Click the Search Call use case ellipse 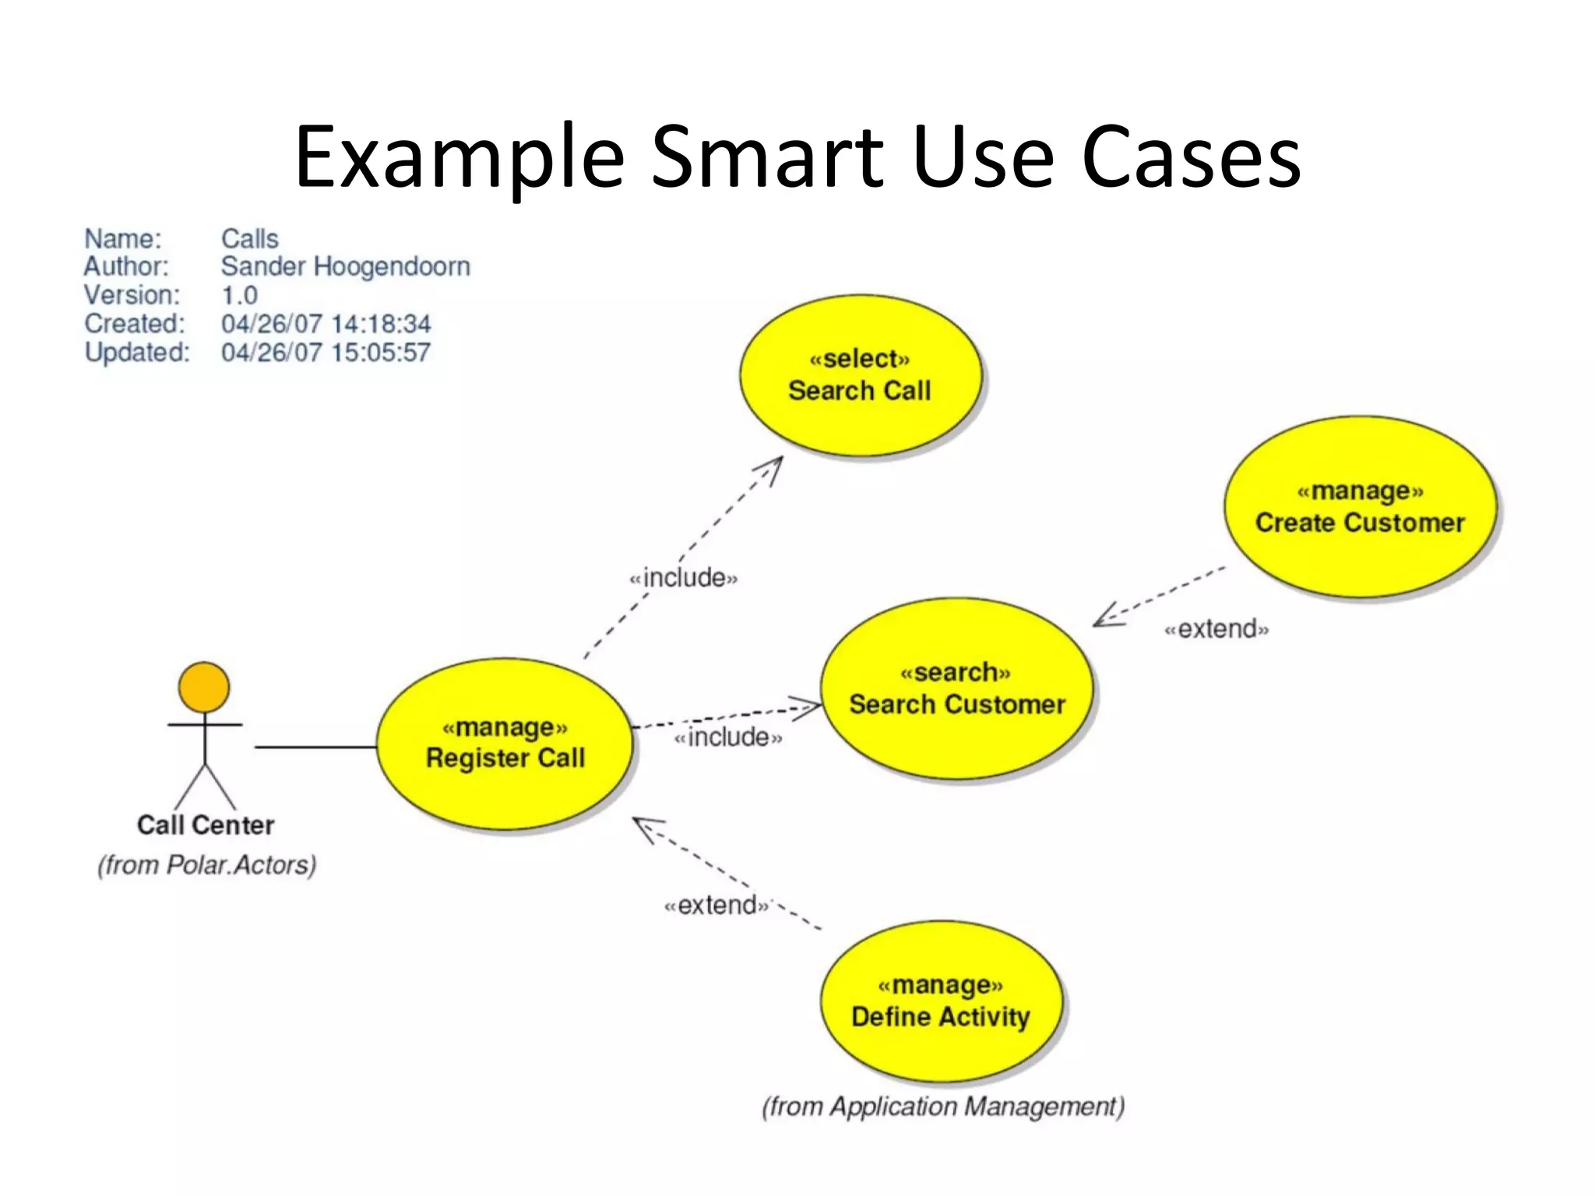[x=860, y=375]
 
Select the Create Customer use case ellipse [x=1360, y=507]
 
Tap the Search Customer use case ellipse [x=956, y=688]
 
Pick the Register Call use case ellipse [x=505, y=743]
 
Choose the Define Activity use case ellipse [x=941, y=1001]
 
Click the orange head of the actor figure [x=204, y=688]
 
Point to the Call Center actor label [x=206, y=825]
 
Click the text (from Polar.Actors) [x=207, y=865]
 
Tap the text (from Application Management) [x=943, y=1106]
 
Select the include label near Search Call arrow [x=683, y=578]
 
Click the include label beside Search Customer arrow [x=727, y=737]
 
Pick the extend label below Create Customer [x=1216, y=628]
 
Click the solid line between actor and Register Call [x=315, y=747]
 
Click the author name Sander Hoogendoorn [x=345, y=267]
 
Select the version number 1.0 [x=239, y=296]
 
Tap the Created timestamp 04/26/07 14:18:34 [x=326, y=324]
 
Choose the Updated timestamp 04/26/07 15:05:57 [x=326, y=353]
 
